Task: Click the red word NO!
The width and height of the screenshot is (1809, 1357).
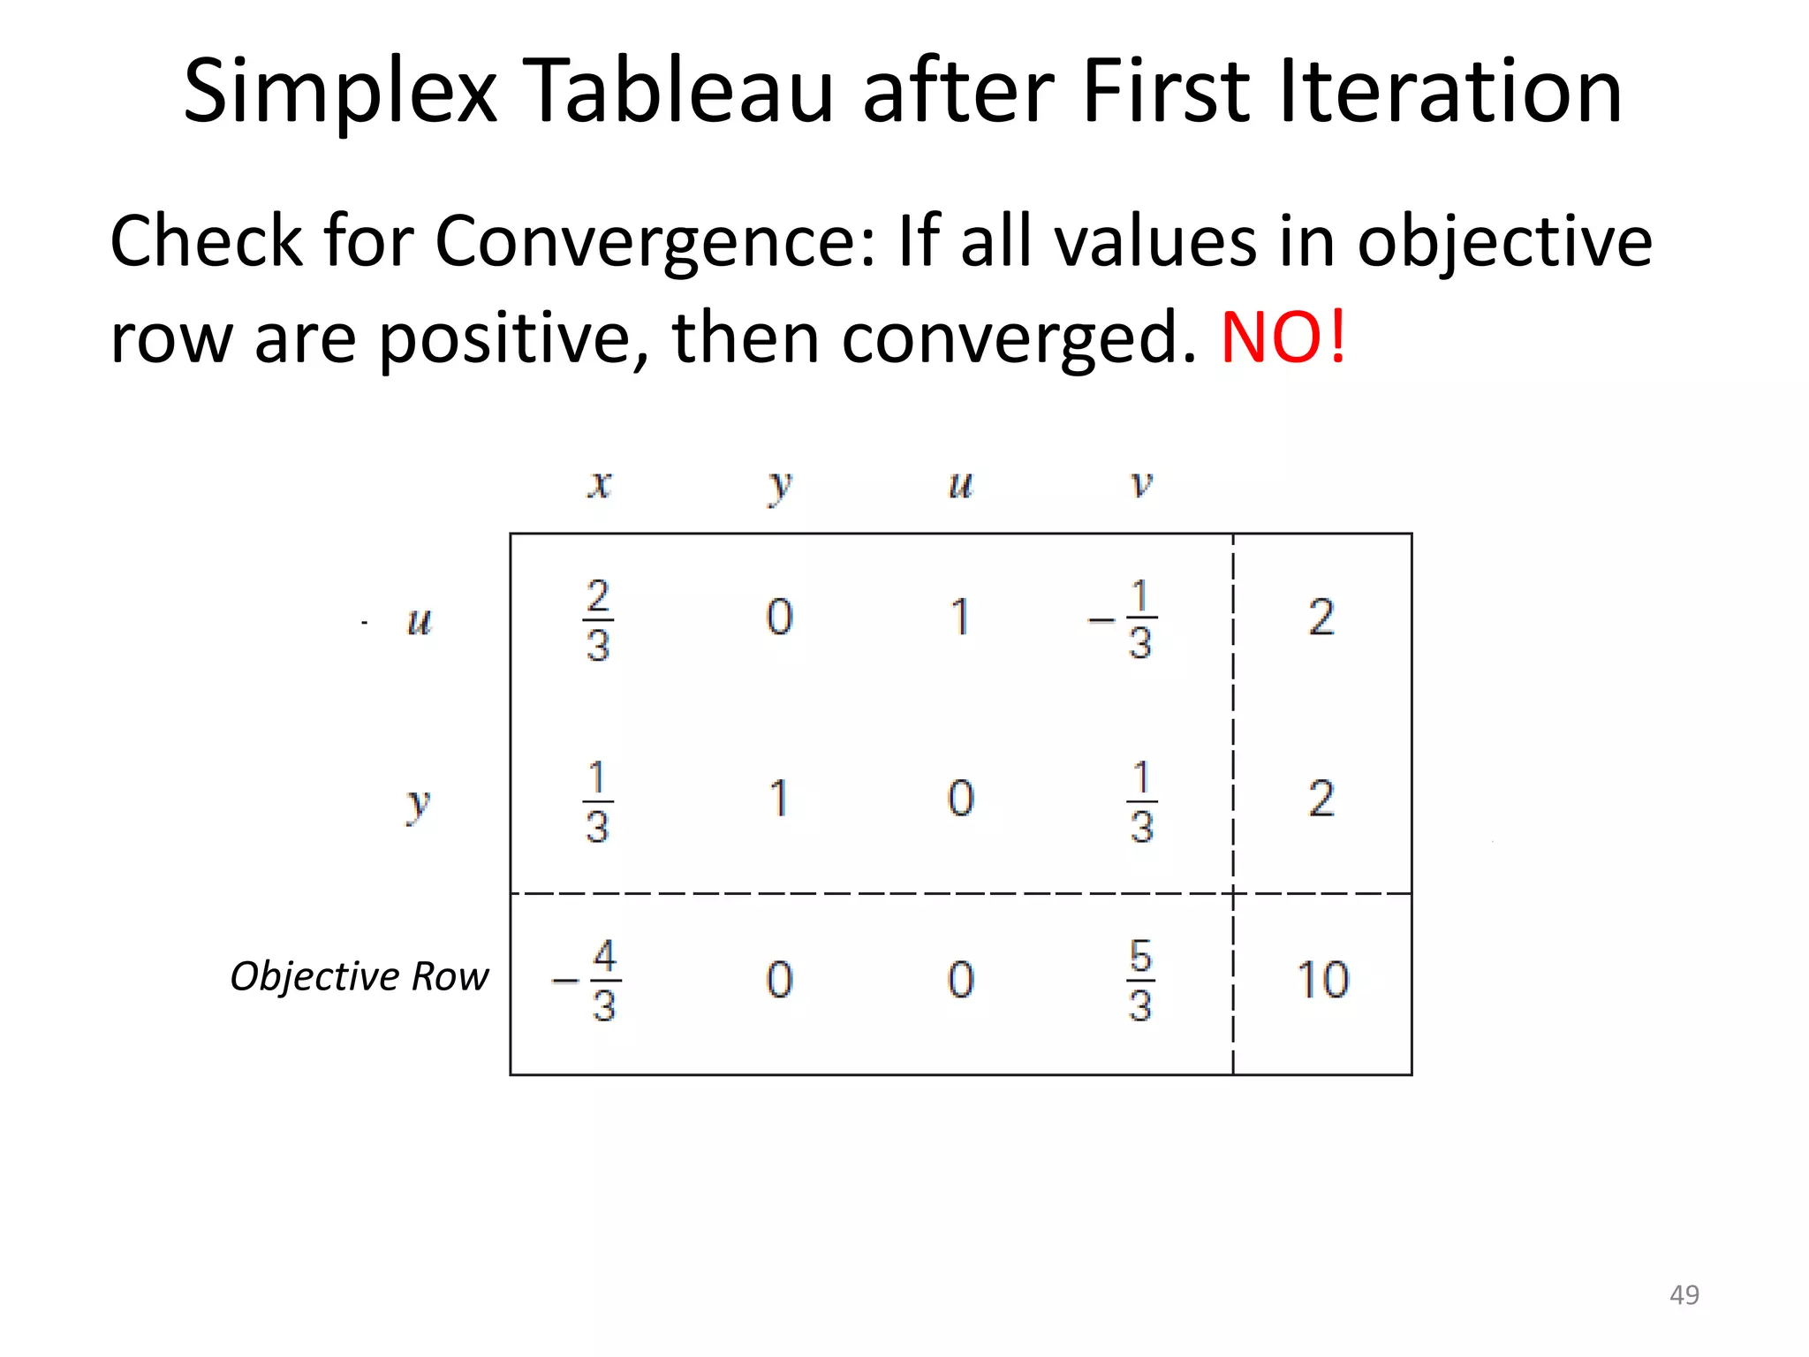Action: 1283,337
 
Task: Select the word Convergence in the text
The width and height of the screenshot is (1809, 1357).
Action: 655,241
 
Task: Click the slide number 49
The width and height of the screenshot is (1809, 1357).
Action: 1684,1294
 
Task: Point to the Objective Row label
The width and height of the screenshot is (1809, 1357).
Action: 359,976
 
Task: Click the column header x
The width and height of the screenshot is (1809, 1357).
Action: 600,483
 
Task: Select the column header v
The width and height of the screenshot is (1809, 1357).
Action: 1141,483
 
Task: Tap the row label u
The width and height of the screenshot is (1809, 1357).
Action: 419,620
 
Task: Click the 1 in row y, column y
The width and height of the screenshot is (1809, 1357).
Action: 778,799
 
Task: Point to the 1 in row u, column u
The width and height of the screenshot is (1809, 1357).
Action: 960,618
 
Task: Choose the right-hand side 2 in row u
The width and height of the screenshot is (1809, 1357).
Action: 1321,618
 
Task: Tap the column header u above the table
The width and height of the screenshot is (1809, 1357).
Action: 960,485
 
